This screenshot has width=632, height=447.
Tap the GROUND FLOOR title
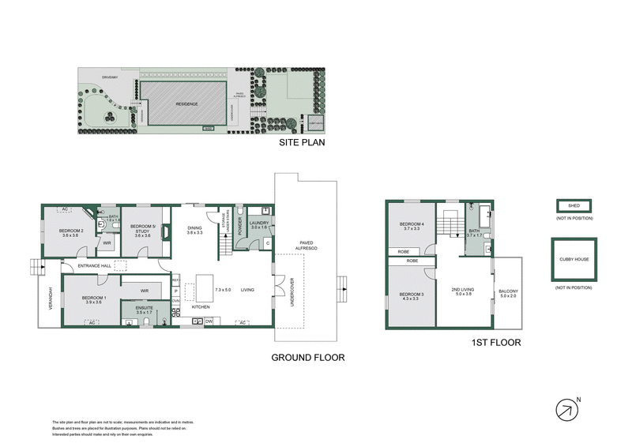[308, 357]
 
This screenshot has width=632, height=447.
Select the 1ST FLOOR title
[495, 343]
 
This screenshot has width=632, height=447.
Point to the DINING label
[194, 230]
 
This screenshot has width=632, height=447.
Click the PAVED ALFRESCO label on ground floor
[305, 246]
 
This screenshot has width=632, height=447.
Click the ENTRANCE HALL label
[92, 266]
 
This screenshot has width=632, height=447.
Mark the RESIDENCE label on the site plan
[187, 104]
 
